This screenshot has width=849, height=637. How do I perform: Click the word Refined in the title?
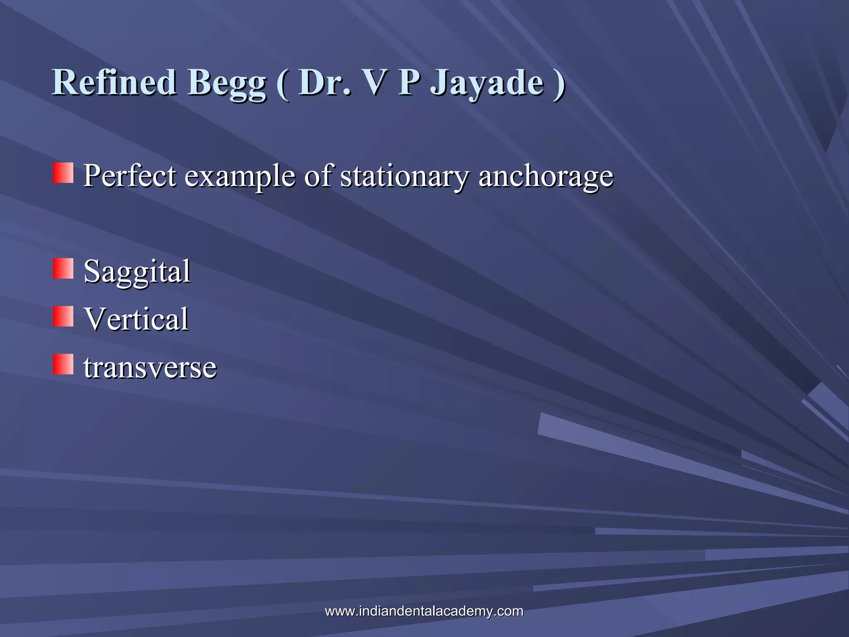tap(114, 82)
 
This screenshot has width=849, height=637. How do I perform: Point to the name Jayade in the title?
tap(487, 83)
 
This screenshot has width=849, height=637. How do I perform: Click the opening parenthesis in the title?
tap(283, 83)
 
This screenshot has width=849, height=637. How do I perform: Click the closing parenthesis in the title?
tap(559, 83)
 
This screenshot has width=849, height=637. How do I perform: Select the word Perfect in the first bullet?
tap(130, 175)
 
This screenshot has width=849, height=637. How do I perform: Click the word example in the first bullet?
tap(240, 176)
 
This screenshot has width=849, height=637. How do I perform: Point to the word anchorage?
tap(546, 176)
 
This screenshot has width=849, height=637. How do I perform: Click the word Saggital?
tap(137, 272)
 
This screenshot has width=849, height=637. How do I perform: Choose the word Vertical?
tap(136, 319)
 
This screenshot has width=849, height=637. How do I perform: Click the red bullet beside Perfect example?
tap(63, 173)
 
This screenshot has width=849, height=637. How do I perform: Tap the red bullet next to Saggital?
tap(63, 268)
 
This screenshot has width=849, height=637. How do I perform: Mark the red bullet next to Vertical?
tap(63, 316)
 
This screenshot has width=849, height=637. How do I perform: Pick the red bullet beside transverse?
tap(63, 364)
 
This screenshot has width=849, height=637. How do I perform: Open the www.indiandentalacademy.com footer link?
tap(424, 611)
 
